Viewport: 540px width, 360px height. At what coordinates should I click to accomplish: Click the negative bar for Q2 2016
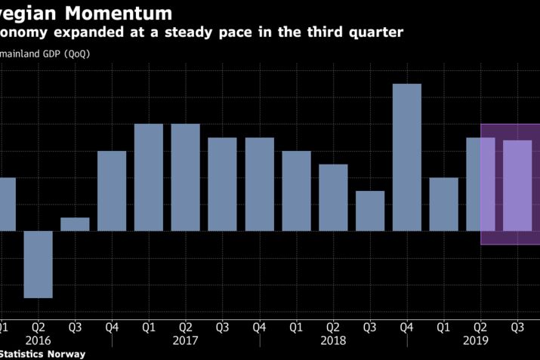click(x=38, y=264)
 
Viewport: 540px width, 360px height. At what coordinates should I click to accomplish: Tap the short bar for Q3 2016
click(x=75, y=224)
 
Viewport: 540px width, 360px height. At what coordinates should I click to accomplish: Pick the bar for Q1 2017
click(x=149, y=177)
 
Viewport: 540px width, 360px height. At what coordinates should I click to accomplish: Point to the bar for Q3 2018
click(x=370, y=211)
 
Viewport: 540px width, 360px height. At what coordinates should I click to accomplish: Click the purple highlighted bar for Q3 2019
click(x=518, y=185)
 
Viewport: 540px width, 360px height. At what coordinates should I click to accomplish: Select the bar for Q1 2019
click(x=444, y=204)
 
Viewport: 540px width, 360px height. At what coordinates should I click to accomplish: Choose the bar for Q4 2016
click(x=112, y=191)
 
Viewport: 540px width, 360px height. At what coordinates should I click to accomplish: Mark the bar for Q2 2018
click(x=333, y=197)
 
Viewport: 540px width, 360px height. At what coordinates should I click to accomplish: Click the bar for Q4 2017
click(x=260, y=184)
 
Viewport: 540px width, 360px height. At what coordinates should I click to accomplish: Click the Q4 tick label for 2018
click(x=407, y=328)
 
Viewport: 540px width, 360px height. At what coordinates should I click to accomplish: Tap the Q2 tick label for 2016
click(x=38, y=328)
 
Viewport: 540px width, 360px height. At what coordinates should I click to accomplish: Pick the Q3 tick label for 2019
click(x=518, y=328)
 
